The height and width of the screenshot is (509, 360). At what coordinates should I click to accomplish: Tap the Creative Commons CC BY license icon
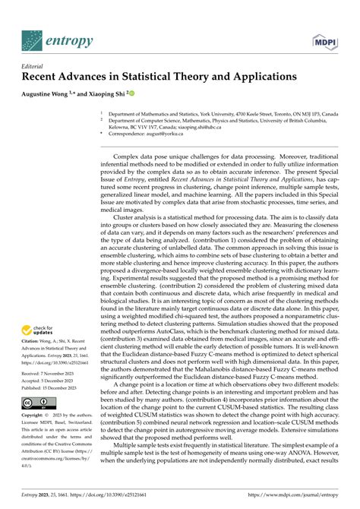point(34,403)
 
